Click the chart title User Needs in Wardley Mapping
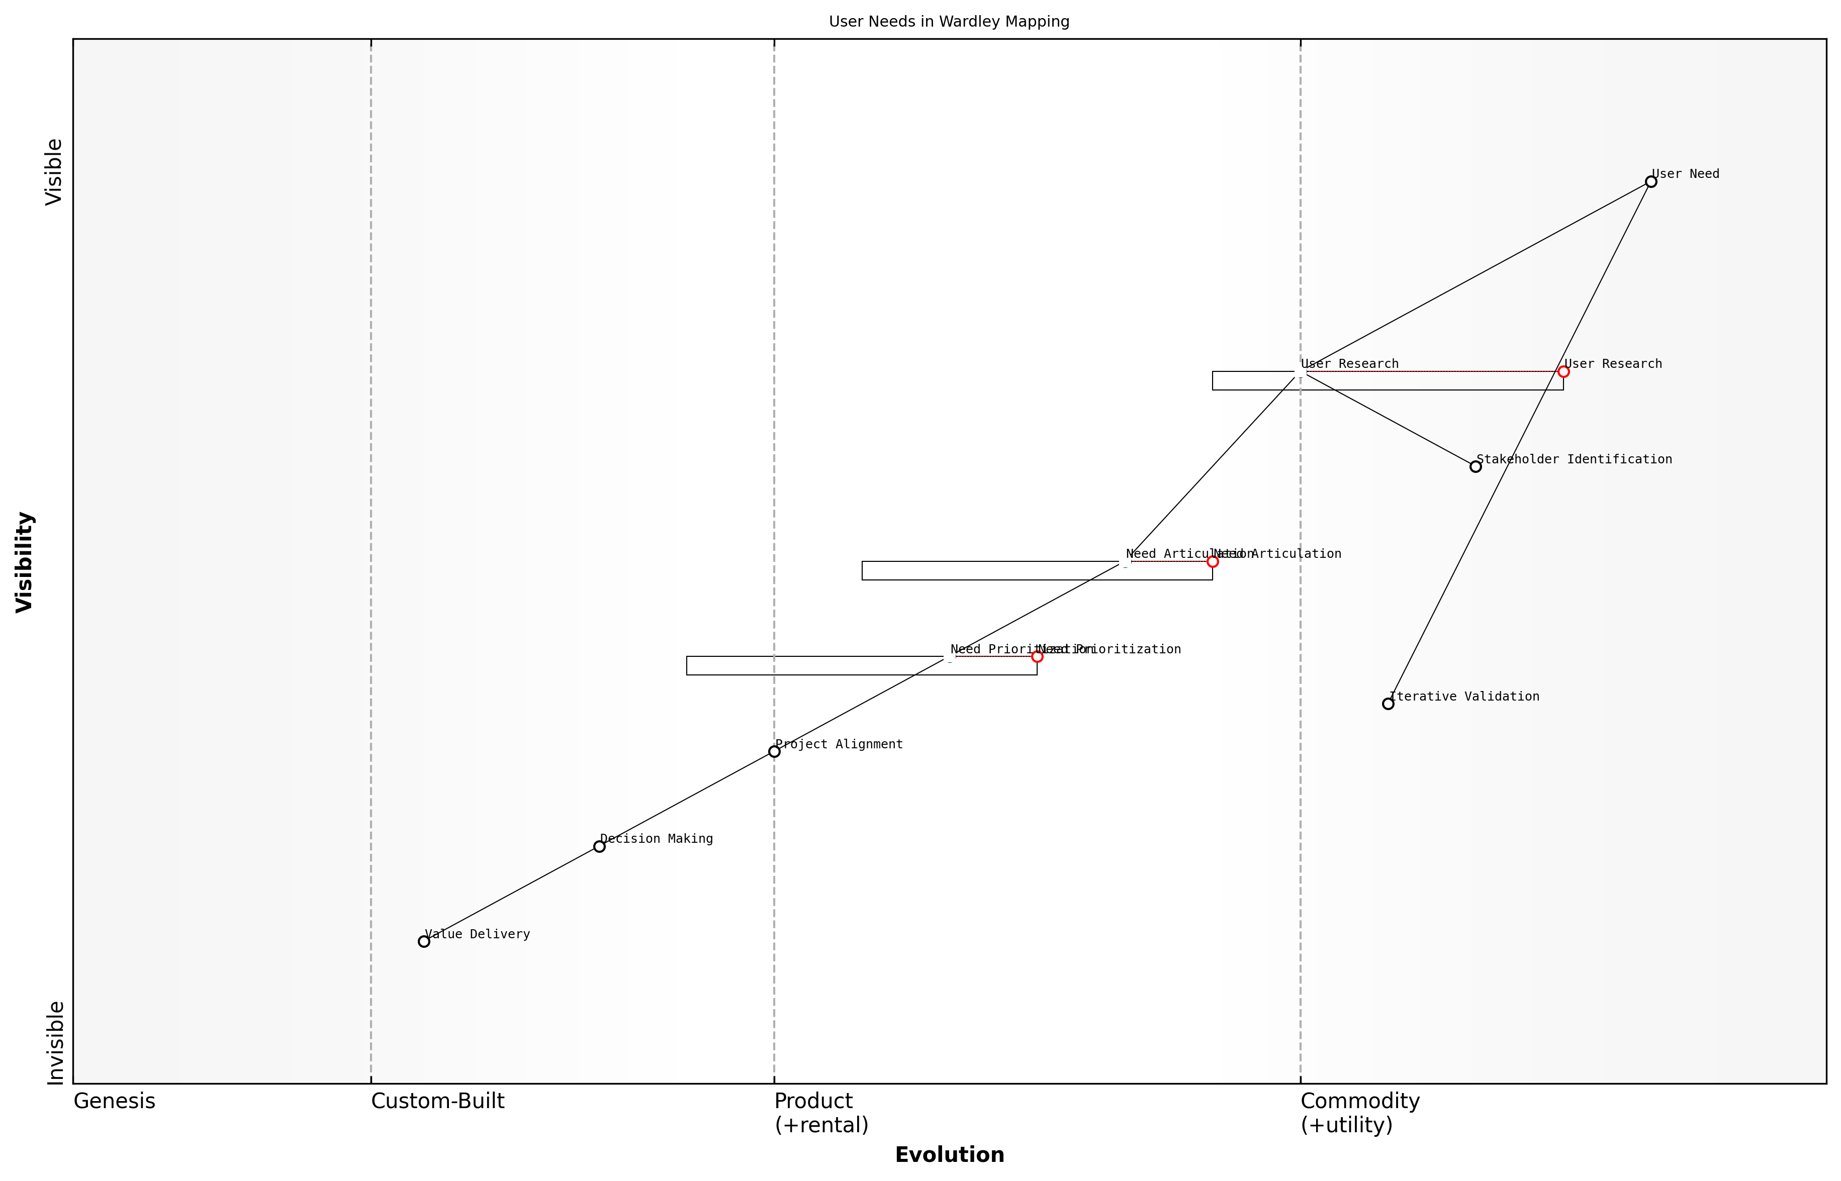pyautogui.click(x=949, y=22)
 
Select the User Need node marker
pyautogui.click(x=1651, y=182)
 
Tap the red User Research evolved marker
pyautogui.click(x=1563, y=372)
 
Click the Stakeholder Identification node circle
pyautogui.click(x=1475, y=466)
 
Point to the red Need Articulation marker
pyautogui.click(x=1213, y=561)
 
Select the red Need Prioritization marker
pyautogui.click(x=1037, y=656)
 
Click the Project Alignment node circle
pyautogui.click(x=774, y=751)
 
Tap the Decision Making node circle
pyautogui.click(x=599, y=847)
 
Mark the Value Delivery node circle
pyautogui.click(x=423, y=942)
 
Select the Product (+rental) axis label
pyautogui.click(x=821, y=1113)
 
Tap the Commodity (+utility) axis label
pyautogui.click(x=1359, y=1113)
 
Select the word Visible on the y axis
pyautogui.click(x=54, y=172)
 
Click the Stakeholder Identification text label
pyautogui.click(x=1574, y=459)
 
